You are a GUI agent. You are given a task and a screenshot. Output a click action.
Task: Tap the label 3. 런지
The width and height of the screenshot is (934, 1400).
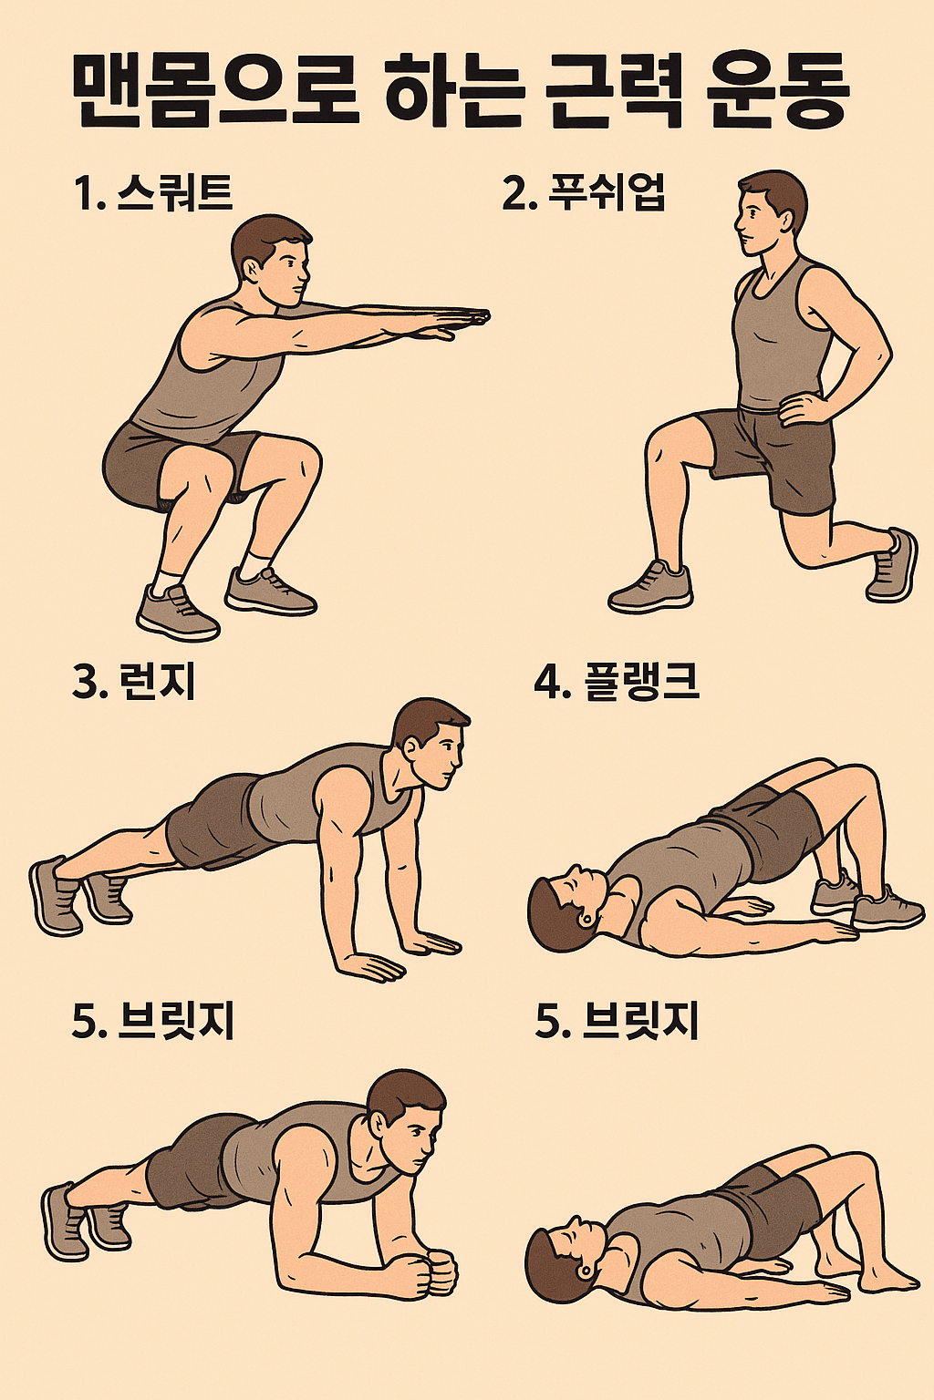[134, 681]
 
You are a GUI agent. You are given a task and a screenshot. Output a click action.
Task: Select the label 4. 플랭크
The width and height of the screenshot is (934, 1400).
[617, 682]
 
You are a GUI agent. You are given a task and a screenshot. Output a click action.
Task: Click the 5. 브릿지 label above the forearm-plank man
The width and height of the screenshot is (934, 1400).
[153, 1021]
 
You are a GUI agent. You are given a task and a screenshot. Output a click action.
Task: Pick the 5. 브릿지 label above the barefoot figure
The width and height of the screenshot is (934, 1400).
[617, 1021]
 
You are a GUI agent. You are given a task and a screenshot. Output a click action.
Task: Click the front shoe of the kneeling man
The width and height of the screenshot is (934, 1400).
[651, 589]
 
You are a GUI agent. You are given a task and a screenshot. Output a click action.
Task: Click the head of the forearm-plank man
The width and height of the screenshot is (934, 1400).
[405, 1114]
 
